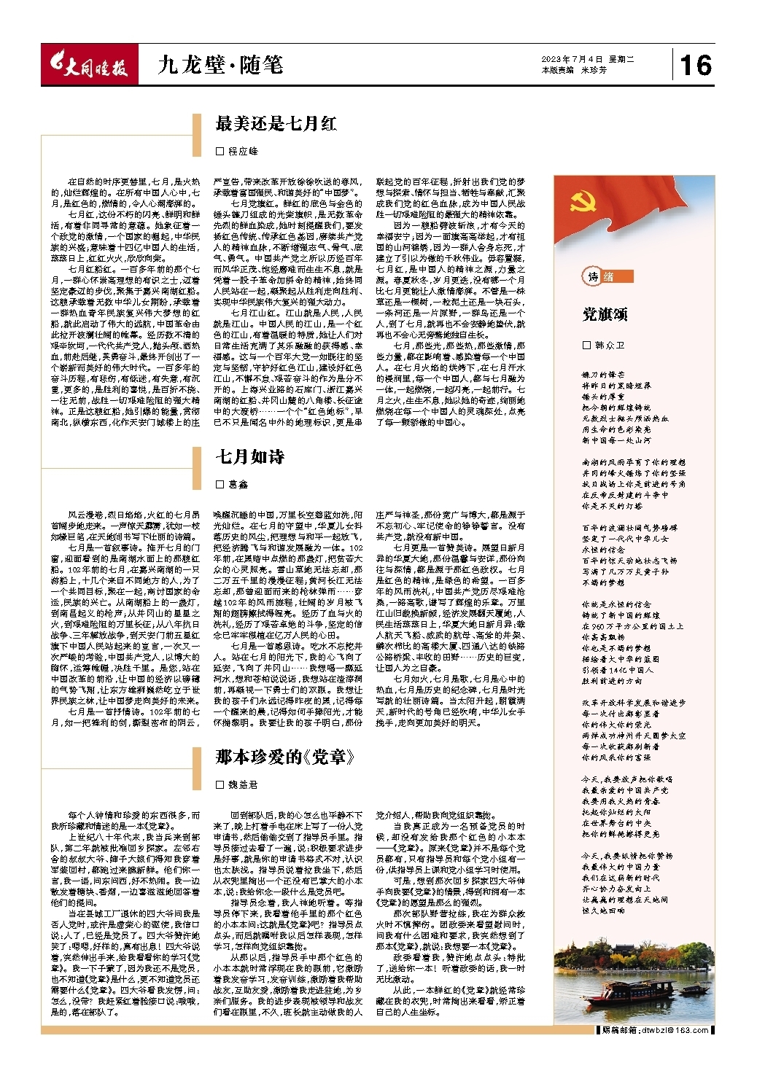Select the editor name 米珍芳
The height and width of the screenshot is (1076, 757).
594,71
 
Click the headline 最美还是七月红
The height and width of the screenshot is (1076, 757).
276,124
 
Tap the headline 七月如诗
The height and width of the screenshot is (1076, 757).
249,458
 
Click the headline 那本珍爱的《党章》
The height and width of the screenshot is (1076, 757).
285,757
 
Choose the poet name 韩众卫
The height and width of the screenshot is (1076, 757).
609,345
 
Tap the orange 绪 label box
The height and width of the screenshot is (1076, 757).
608,277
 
